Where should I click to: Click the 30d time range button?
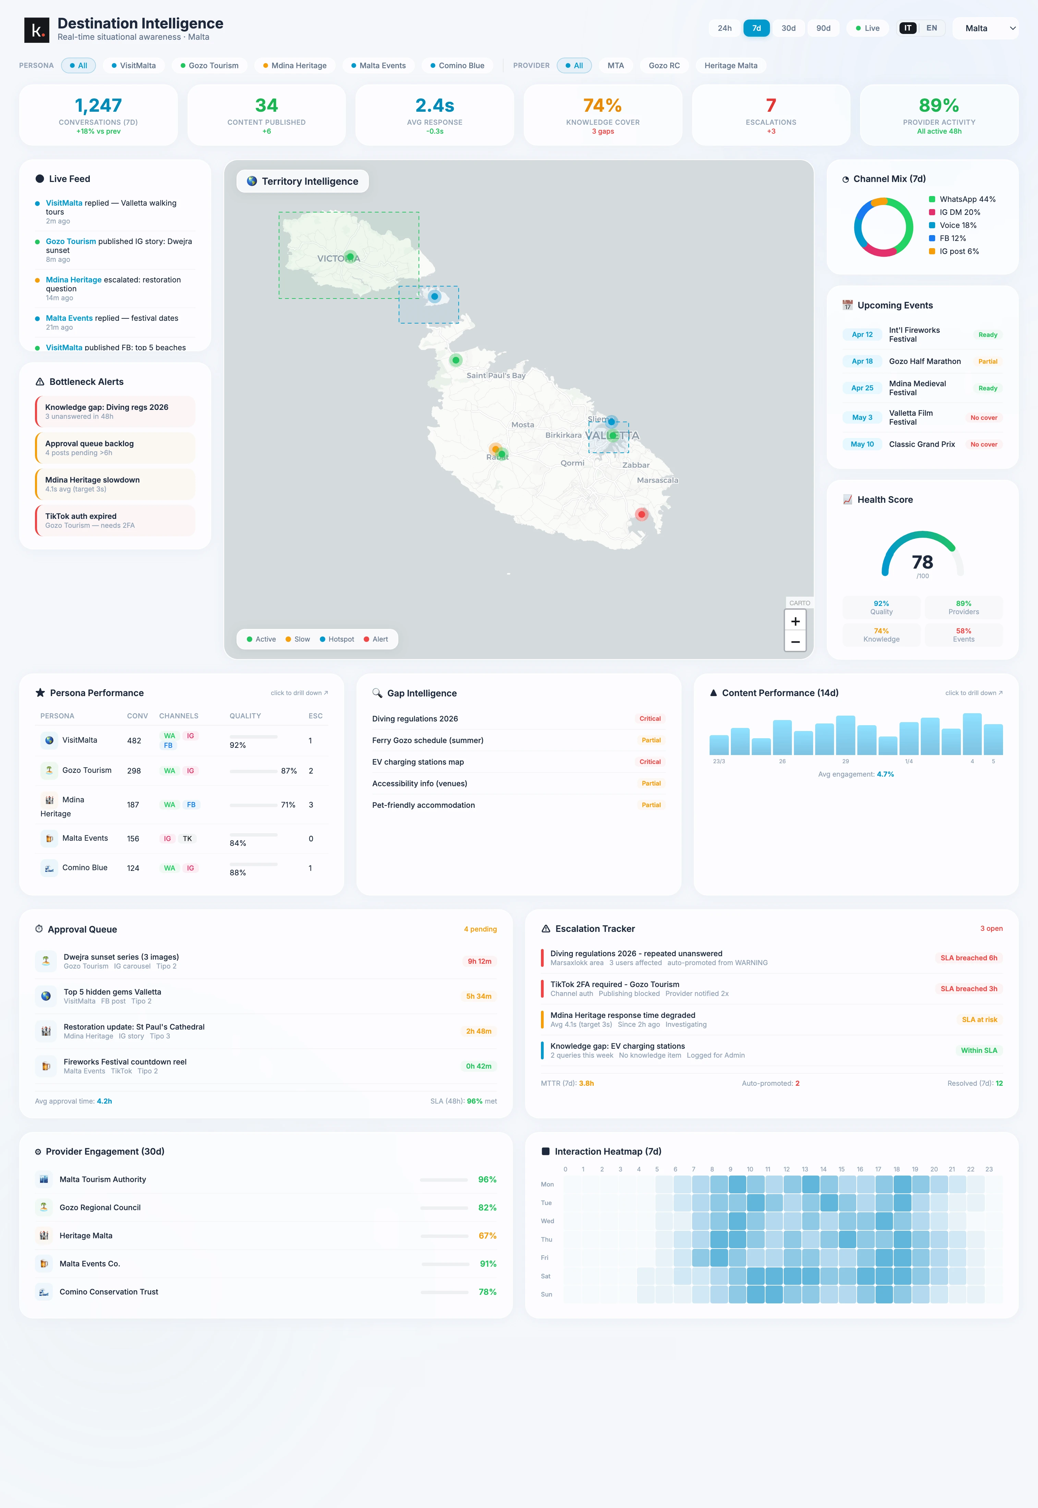(788, 28)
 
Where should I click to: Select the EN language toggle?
(931, 28)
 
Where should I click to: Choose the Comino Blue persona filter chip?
(457, 66)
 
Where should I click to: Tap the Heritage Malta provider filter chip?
(731, 66)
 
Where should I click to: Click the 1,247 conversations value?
(98, 105)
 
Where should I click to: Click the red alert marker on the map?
(641, 514)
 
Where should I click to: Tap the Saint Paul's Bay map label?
(496, 375)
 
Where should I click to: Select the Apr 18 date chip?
(862, 362)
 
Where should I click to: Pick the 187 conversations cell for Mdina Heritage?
(133, 805)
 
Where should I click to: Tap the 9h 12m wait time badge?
(479, 961)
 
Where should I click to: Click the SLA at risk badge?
(979, 1020)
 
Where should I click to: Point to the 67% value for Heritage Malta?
(487, 1236)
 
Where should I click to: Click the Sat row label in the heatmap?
(546, 1276)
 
